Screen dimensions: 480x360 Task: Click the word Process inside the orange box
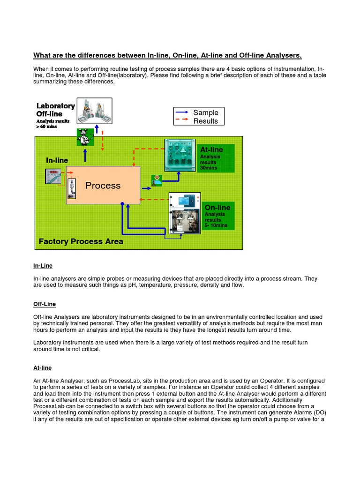coord(103,186)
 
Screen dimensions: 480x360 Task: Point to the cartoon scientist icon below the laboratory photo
coord(84,137)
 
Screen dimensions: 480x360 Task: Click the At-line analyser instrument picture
coord(180,155)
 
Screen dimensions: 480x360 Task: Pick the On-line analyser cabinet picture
coord(185,213)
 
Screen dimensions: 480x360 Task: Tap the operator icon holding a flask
coord(156,180)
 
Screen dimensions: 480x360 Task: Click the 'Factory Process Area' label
coord(81,241)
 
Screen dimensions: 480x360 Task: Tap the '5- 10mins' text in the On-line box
coord(216,225)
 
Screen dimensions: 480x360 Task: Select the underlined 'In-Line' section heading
coord(43,266)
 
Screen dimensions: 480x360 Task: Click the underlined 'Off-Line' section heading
coord(44,304)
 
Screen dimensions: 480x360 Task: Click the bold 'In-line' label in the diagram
coord(57,160)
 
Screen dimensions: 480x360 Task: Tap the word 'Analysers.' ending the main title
coord(281,55)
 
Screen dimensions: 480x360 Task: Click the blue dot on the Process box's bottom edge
coord(122,204)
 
